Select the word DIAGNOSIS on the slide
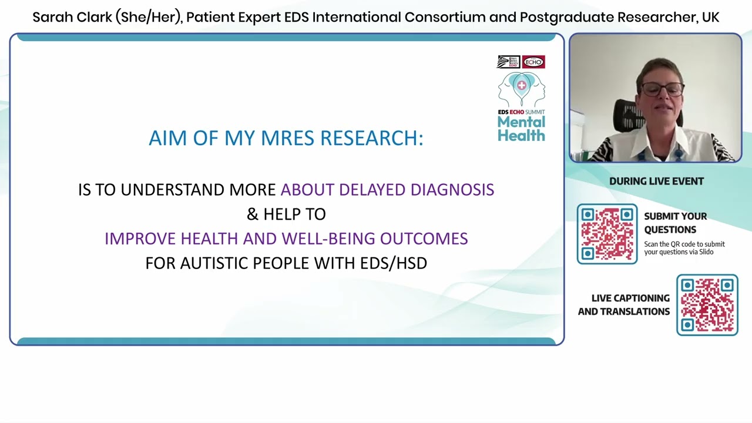(x=452, y=190)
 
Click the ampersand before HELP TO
(x=253, y=214)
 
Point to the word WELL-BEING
(x=328, y=239)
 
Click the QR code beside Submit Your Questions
(x=607, y=234)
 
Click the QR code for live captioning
(x=707, y=305)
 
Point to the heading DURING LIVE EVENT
(x=656, y=182)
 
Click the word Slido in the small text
(x=706, y=252)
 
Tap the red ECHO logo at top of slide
(x=533, y=62)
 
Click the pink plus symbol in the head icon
(x=522, y=86)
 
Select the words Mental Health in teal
(x=521, y=129)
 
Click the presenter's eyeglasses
(x=663, y=89)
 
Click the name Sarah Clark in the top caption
(x=72, y=17)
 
